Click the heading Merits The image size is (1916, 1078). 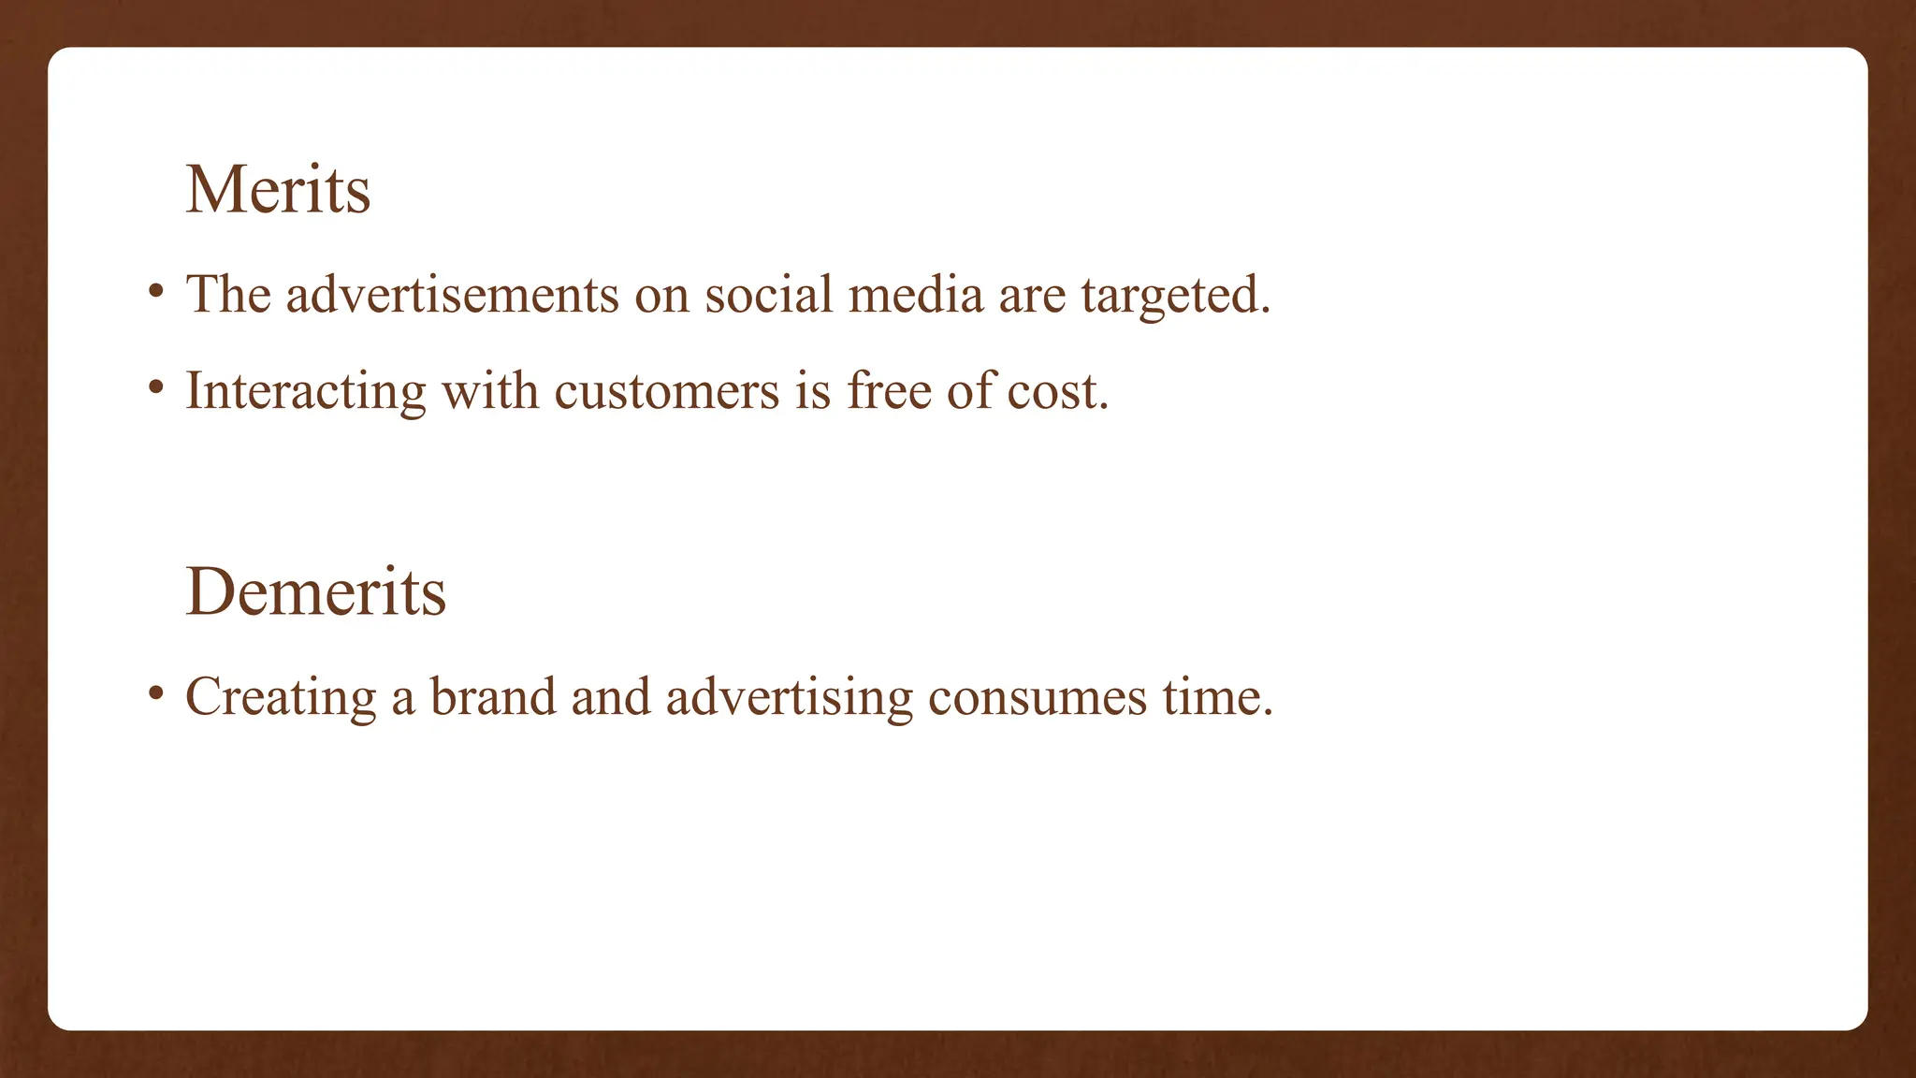pos(278,191)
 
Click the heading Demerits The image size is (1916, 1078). pos(316,592)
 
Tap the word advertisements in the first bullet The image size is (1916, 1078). pos(452,295)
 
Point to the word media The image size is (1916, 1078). pos(916,295)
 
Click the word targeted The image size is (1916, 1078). pos(1175,297)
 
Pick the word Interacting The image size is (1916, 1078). pos(306,391)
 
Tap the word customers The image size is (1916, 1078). pos(666,391)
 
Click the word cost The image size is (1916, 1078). pos(1057,391)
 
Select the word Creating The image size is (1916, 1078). pos(281,698)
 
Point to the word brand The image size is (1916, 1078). pos(493,697)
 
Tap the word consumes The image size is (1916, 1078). pos(1037,698)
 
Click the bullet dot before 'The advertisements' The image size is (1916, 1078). pos(156,290)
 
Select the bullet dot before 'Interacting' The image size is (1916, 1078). pos(156,386)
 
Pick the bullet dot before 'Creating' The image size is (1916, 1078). pos(156,692)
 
